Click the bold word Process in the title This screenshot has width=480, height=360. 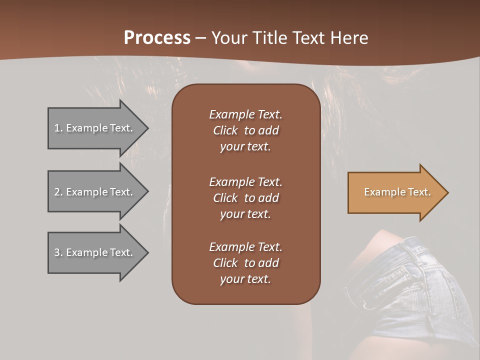(x=157, y=38)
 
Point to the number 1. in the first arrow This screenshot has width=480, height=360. (x=58, y=128)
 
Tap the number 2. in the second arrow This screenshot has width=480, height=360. (x=58, y=192)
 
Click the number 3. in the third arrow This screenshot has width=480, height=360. (x=58, y=252)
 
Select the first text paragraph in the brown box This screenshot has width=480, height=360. (x=245, y=130)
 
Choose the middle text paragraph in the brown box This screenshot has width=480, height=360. (x=245, y=198)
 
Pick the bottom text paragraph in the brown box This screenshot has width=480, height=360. (x=245, y=263)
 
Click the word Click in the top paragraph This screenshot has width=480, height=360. (x=225, y=130)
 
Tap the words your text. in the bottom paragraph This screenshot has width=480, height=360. (x=245, y=279)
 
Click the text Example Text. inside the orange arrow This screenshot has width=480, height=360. (x=397, y=192)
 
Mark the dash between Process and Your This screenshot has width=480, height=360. (x=201, y=38)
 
